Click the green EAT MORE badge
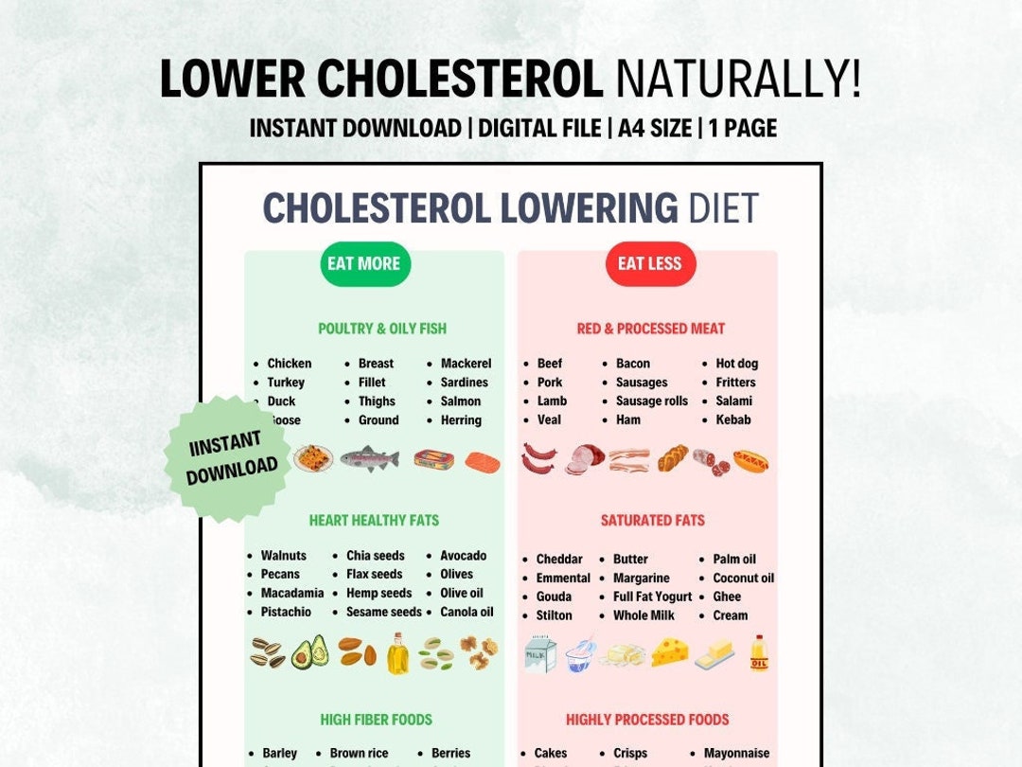pyautogui.click(x=364, y=264)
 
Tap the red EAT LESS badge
pyautogui.click(x=649, y=264)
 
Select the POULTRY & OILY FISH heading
pyautogui.click(x=382, y=329)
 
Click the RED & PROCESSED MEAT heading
pyautogui.click(x=651, y=329)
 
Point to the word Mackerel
pyautogui.click(x=466, y=364)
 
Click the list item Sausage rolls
pyautogui.click(x=652, y=401)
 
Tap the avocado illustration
pyautogui.click(x=309, y=652)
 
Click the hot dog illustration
pyautogui.click(x=750, y=461)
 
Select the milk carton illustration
pyautogui.click(x=540, y=653)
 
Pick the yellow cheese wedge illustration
pyautogui.click(x=670, y=651)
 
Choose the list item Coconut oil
pyautogui.click(x=743, y=579)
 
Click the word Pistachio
pyautogui.click(x=286, y=613)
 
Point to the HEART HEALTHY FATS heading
pyautogui.click(x=374, y=521)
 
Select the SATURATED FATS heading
pyautogui.click(x=652, y=521)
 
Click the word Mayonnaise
pyautogui.click(x=737, y=754)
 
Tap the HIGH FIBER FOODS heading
pyautogui.click(x=376, y=720)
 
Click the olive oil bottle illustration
pyautogui.click(x=397, y=653)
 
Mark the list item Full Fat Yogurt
pyautogui.click(x=652, y=598)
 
